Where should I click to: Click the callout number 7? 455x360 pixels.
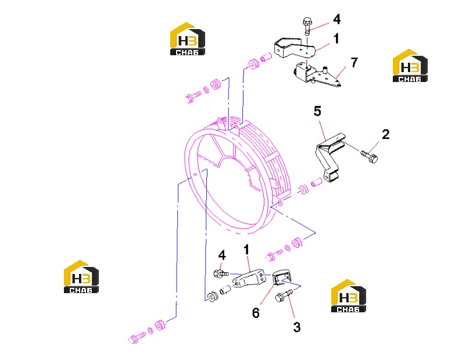354,62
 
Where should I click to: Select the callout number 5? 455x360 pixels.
317,111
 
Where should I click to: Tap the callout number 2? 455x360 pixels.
386,134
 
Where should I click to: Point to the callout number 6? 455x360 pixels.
256,313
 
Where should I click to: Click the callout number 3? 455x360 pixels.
296,327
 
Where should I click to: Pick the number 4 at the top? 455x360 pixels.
336,19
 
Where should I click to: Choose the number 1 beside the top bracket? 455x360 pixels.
336,38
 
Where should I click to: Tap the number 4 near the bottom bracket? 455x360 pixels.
222,255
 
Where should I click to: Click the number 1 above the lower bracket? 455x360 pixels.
246,249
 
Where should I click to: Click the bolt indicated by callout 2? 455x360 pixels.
370,156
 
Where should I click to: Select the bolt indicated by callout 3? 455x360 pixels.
284,296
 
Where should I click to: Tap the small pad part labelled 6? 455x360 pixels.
281,277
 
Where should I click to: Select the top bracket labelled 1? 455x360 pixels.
295,48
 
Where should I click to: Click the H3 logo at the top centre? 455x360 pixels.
188,39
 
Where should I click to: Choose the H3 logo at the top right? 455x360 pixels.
410,66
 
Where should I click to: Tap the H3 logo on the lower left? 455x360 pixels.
81,277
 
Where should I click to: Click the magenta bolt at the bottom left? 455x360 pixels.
137,338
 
